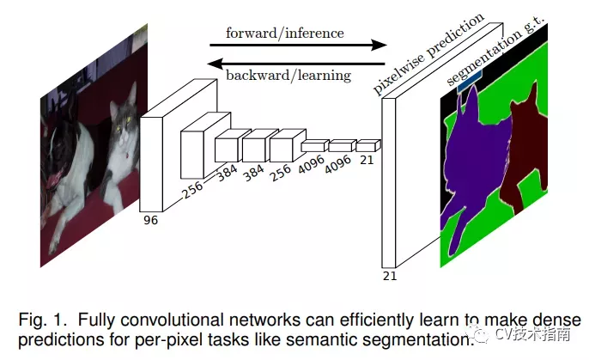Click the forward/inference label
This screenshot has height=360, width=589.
tap(284, 34)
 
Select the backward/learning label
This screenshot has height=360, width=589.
tap(288, 76)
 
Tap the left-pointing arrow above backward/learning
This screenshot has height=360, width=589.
tap(296, 62)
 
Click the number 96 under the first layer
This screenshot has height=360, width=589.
tap(152, 220)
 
